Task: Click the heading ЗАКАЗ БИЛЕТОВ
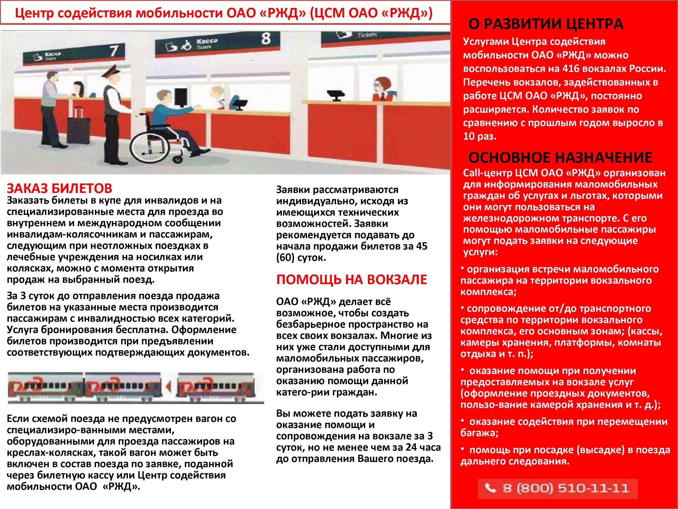tap(60, 188)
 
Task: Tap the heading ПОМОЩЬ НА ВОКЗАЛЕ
tap(351, 280)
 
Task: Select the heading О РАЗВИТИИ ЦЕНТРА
tap(546, 24)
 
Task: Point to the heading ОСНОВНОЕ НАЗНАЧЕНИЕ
tap(560, 158)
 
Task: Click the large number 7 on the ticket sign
tap(113, 51)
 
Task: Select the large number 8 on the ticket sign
tap(266, 39)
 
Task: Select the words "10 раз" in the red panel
tap(479, 136)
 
